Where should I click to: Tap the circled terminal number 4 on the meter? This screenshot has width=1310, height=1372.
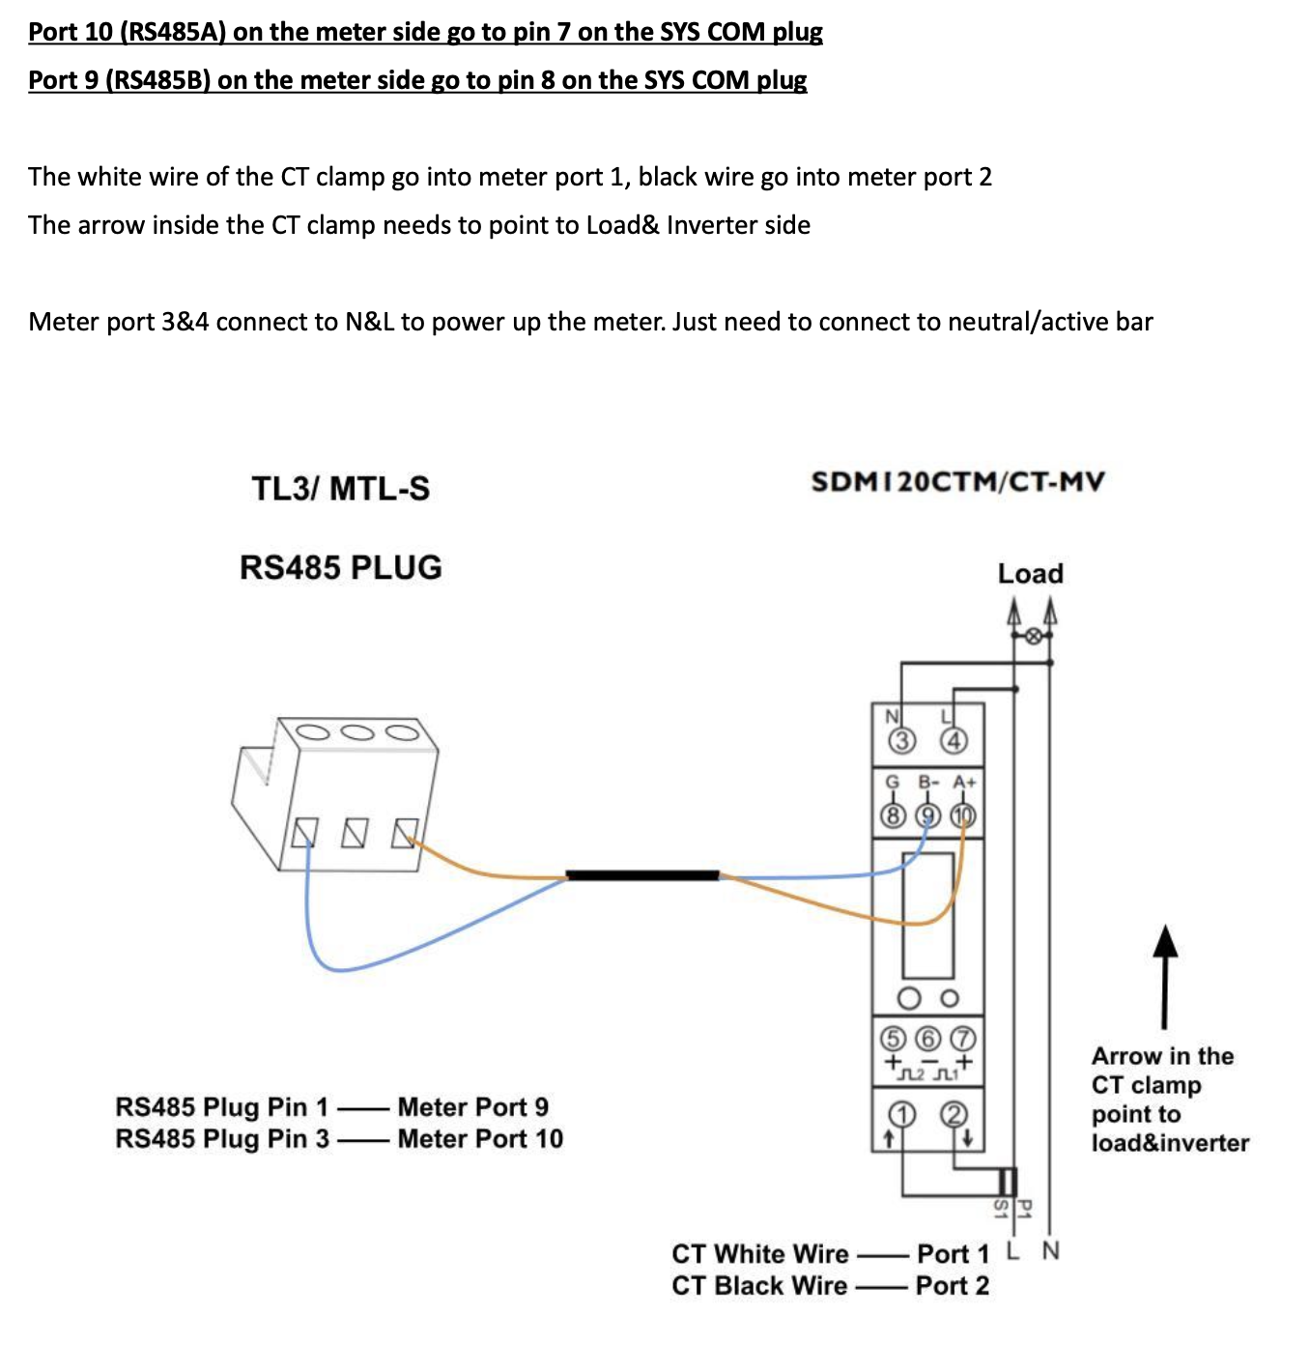click(x=954, y=741)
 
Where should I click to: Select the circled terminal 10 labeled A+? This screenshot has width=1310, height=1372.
click(x=963, y=816)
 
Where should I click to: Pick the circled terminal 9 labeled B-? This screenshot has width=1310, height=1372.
click(x=927, y=816)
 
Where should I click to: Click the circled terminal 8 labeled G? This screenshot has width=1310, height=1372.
click(x=893, y=816)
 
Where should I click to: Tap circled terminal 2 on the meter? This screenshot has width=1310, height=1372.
click(x=954, y=1115)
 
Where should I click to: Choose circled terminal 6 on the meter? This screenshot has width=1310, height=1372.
click(x=927, y=1039)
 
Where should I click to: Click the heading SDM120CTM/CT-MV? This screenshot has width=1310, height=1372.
click(x=957, y=481)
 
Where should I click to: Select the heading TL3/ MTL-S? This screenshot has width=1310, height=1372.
click(x=341, y=488)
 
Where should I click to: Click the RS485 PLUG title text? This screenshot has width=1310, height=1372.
click(x=341, y=567)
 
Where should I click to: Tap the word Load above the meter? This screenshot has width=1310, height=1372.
click(x=1030, y=574)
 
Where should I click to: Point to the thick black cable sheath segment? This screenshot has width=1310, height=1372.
click(x=642, y=875)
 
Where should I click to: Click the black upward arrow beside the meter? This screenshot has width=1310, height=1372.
click(x=1166, y=976)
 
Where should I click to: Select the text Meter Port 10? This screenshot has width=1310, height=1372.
click(x=480, y=1139)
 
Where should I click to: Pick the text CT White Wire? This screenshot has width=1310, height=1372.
click(x=760, y=1254)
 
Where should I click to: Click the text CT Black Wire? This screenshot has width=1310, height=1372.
click(x=759, y=1286)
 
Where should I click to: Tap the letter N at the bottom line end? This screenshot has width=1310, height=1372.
click(x=1051, y=1251)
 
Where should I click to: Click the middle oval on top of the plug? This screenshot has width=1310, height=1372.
click(x=356, y=731)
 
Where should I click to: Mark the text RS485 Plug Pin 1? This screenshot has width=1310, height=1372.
click(x=221, y=1107)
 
